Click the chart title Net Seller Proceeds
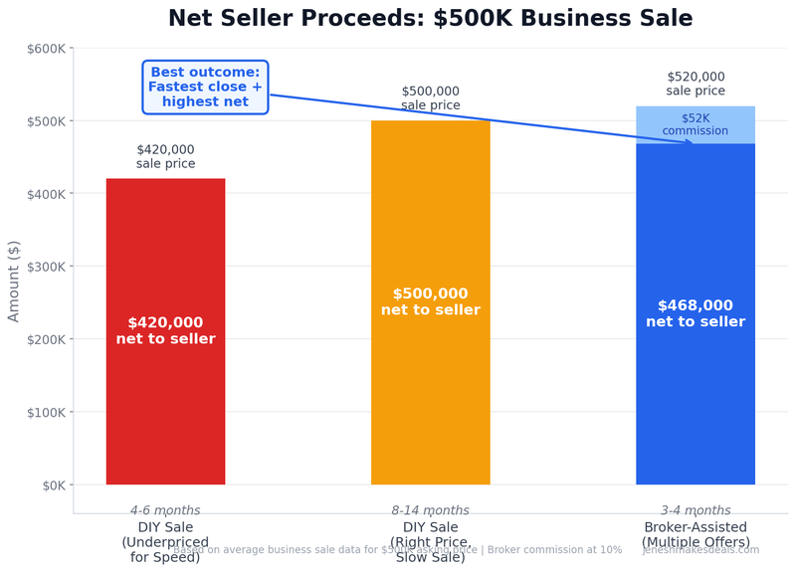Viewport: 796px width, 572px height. [430, 19]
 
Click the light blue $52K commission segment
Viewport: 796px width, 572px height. [695, 124]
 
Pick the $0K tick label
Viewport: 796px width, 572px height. [50, 485]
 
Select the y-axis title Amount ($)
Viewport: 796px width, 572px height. [14, 281]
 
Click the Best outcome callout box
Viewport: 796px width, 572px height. [205, 88]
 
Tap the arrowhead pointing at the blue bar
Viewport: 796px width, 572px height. [689, 142]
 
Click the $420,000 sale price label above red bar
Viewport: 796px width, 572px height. [165, 157]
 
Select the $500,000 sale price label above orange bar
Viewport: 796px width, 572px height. [430, 98]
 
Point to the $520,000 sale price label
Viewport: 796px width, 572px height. [695, 84]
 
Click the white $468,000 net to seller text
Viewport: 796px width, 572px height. [695, 313]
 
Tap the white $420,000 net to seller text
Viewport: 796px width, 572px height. [165, 330]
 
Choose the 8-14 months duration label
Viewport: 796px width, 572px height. [430, 510]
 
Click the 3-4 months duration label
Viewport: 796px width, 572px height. [695, 510]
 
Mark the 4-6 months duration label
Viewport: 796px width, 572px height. [165, 510]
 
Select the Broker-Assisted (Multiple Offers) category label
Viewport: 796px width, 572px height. [695, 534]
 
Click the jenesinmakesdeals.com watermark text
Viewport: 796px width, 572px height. [700, 550]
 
